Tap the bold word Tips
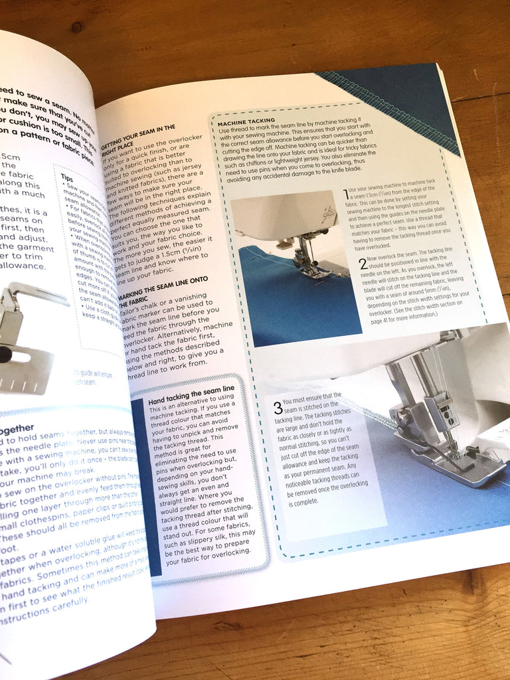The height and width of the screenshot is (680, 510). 67,178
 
